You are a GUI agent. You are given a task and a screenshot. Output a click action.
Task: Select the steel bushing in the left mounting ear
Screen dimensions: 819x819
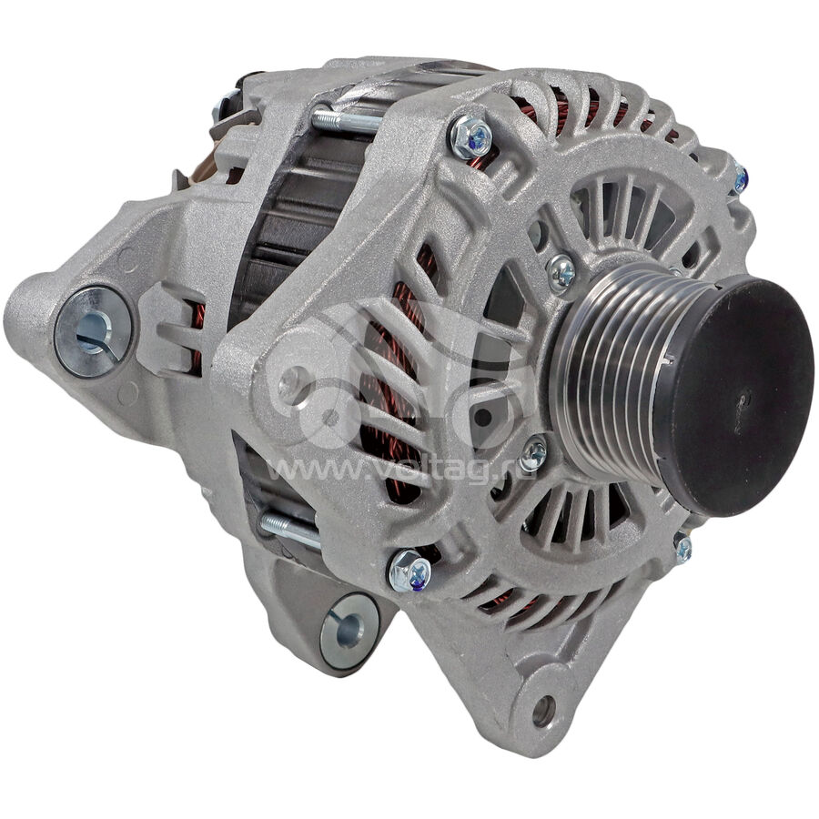(94, 331)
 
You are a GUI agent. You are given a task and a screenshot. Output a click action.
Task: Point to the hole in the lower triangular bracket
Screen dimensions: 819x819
(544, 711)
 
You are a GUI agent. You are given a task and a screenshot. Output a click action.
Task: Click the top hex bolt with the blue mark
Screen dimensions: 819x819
(470, 136)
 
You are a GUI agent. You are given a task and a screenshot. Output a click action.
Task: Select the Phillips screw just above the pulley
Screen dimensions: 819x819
(561, 272)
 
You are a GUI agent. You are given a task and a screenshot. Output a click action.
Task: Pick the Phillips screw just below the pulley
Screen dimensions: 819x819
(533, 453)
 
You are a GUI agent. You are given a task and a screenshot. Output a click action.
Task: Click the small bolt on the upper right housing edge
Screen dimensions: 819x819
(740, 178)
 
